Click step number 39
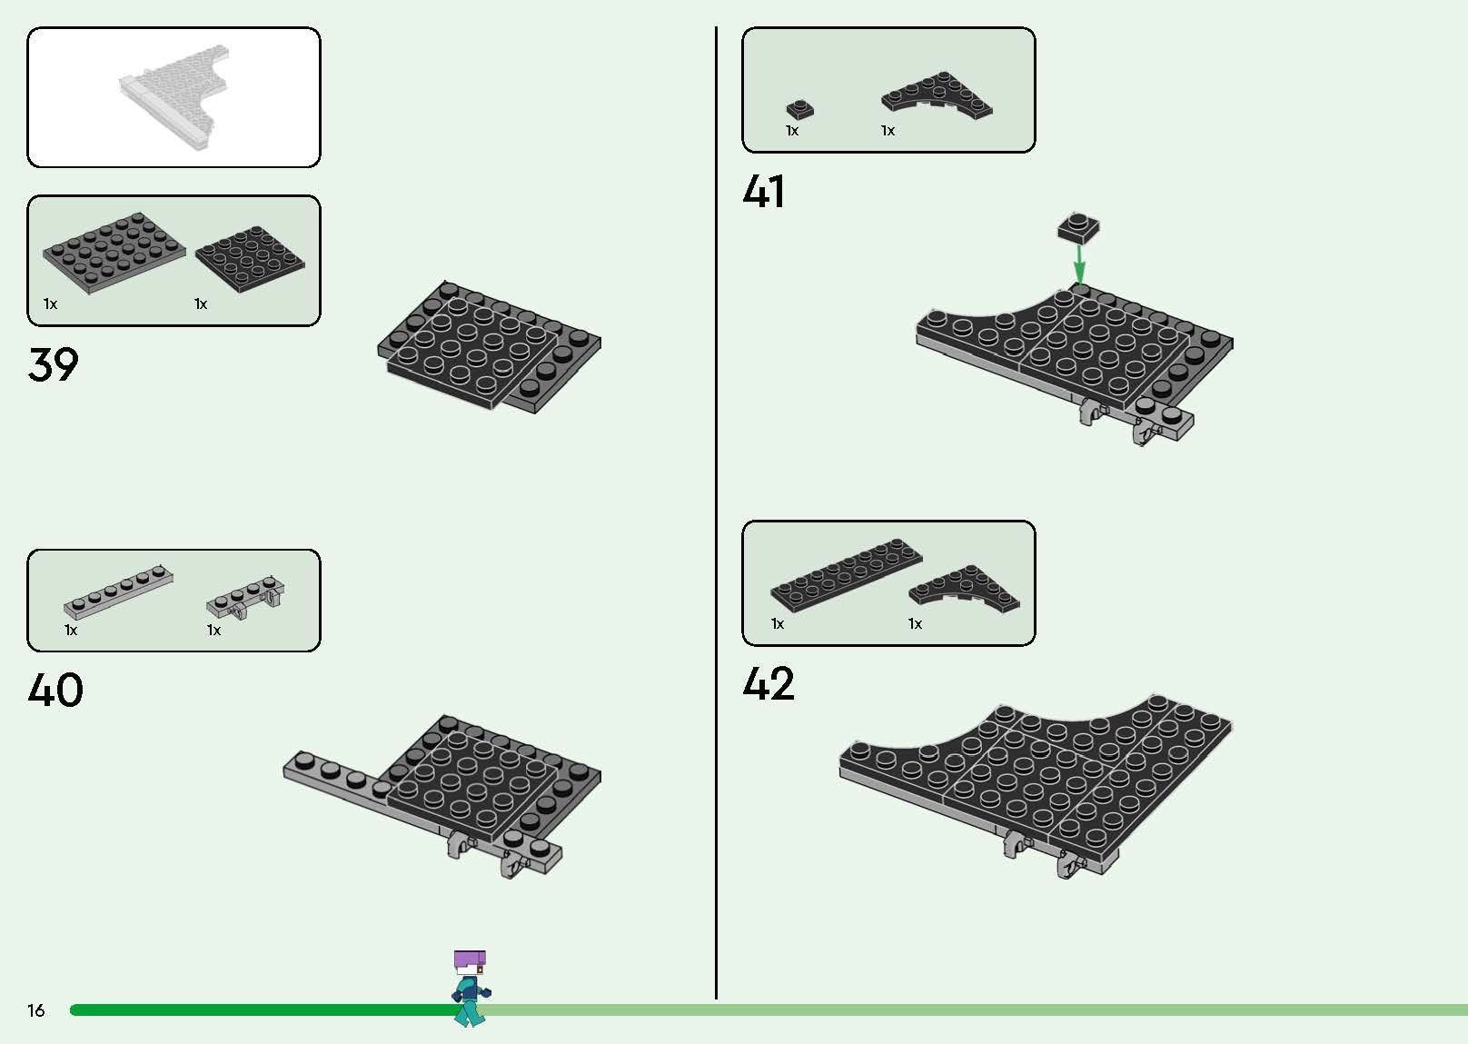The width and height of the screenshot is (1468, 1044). [53, 365]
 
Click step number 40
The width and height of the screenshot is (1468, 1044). [55, 691]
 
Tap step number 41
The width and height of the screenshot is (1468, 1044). [763, 192]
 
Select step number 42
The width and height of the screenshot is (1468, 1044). [769, 684]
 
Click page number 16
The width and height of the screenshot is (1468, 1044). [35, 1010]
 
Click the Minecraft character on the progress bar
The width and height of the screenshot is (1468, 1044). [470, 989]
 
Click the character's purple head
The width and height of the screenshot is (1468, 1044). [470, 959]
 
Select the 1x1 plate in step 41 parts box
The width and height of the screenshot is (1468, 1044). [799, 110]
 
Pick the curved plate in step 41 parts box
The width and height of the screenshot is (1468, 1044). [937, 96]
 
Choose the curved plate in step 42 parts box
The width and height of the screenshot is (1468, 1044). [964, 588]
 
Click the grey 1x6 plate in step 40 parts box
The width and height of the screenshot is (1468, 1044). [118, 592]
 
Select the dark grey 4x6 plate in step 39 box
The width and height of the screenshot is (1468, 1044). [114, 254]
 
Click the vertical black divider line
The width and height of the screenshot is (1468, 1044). [717, 509]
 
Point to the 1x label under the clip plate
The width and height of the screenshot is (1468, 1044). [213, 631]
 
